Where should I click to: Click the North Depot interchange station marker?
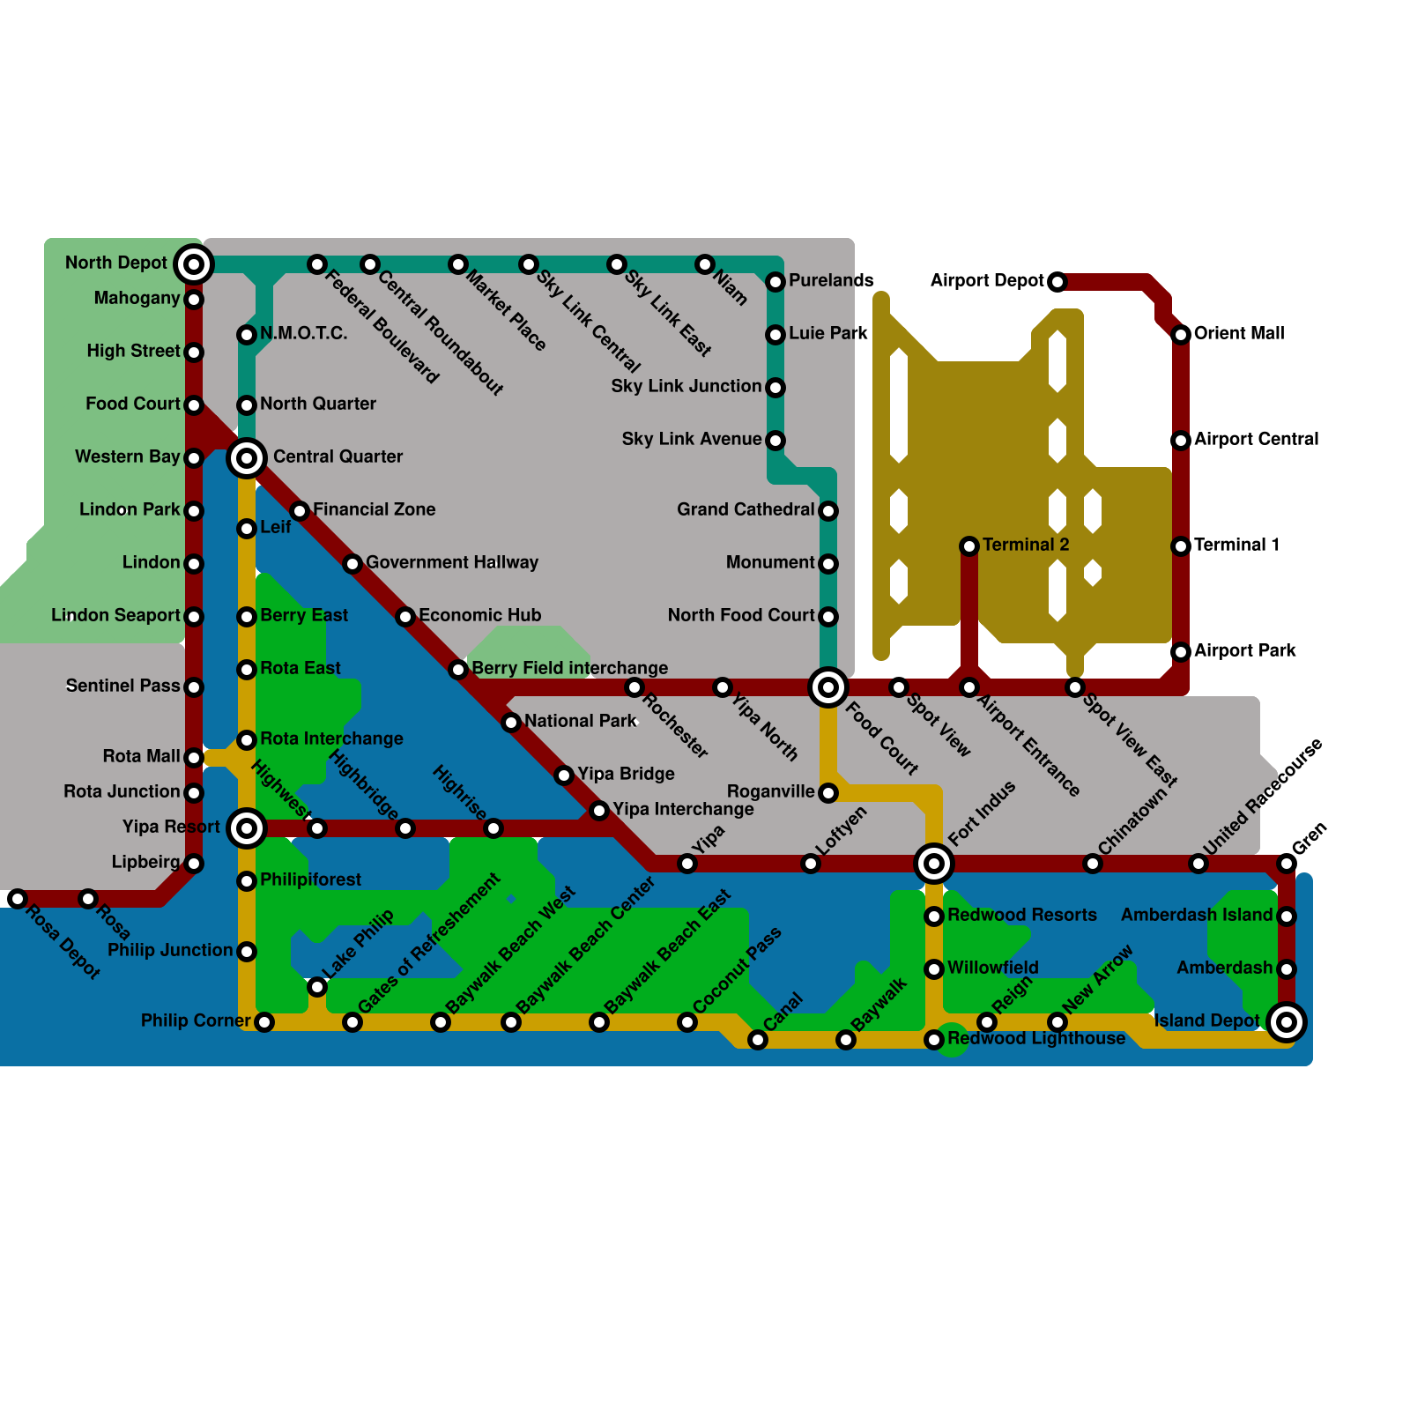point(194,264)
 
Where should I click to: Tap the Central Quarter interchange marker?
point(247,458)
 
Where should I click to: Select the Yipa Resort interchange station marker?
point(247,828)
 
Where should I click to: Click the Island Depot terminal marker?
point(1287,1022)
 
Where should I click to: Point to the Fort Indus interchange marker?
point(934,864)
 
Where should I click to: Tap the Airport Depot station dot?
point(1057,282)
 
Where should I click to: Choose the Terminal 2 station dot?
point(969,546)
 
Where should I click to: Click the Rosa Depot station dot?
point(18,899)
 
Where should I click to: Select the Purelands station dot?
point(775,282)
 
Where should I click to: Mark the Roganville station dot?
point(828,793)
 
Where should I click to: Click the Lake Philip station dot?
point(317,987)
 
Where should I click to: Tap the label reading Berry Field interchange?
point(569,668)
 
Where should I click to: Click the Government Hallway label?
point(451,562)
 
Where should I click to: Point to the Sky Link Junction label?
point(686,386)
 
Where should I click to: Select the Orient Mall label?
point(1239,333)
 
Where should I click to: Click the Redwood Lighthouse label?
point(1036,1038)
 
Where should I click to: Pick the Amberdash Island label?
point(1197,915)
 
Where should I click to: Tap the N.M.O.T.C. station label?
point(303,333)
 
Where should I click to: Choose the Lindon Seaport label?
point(115,615)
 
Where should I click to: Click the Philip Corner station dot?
point(264,1022)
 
